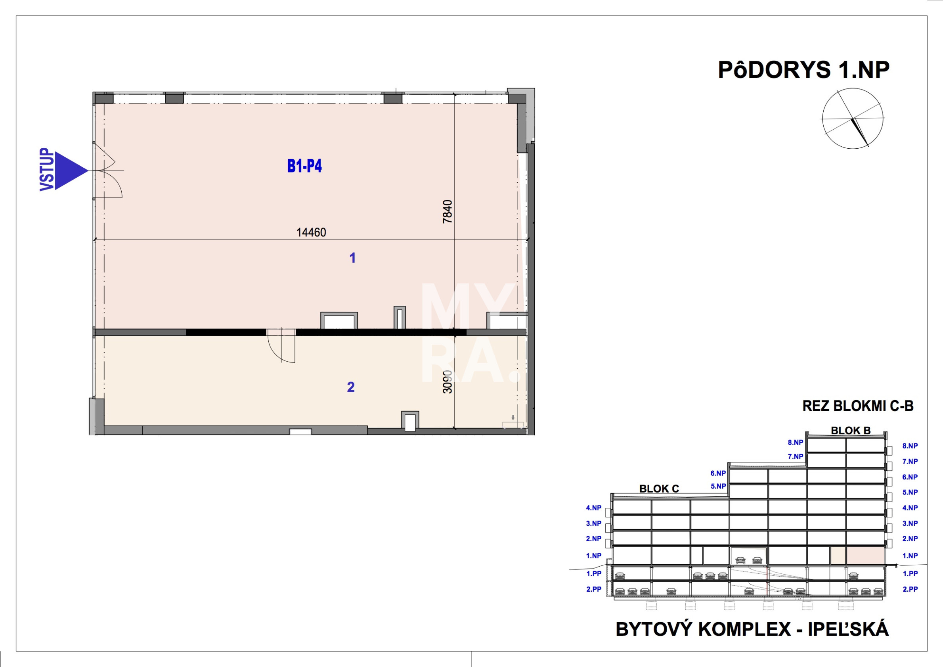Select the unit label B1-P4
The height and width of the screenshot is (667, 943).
click(304, 166)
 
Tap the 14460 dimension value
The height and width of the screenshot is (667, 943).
click(311, 233)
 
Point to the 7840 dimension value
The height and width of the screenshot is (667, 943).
click(447, 212)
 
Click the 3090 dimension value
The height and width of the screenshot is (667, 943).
click(447, 382)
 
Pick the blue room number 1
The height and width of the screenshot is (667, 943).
click(352, 258)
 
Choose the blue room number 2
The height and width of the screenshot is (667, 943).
click(351, 387)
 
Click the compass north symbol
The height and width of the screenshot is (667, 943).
click(853, 118)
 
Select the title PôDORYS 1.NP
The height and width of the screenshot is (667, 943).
click(804, 70)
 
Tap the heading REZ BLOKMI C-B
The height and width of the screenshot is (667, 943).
click(858, 406)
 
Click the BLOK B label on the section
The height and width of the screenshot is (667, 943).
click(851, 430)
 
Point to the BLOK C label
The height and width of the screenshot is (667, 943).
click(659, 489)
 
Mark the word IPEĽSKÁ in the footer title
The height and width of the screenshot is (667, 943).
click(848, 630)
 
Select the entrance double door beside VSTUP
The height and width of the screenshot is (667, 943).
click(107, 171)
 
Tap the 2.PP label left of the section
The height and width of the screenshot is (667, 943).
click(594, 589)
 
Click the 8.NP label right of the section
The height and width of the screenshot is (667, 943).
click(910, 446)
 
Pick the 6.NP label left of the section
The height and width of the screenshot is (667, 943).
click(718, 473)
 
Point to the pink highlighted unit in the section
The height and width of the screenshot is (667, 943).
click(865, 556)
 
